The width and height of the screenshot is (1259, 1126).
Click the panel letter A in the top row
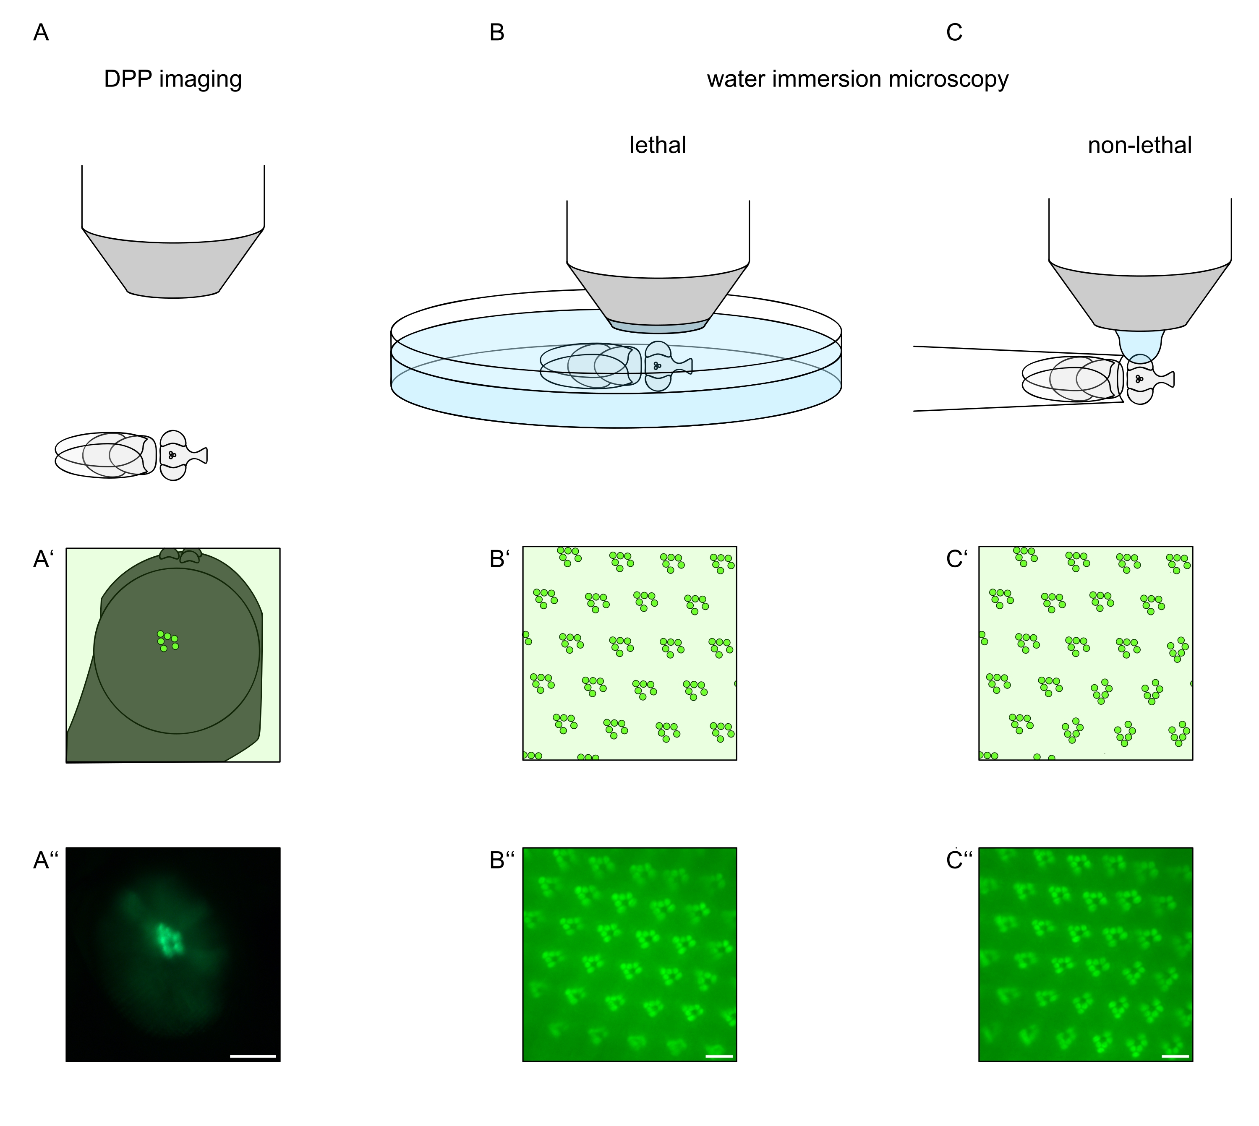(41, 33)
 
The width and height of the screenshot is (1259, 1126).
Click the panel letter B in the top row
(496, 33)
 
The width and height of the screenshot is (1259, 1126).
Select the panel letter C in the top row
(954, 33)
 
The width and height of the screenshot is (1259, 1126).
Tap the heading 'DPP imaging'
(173, 79)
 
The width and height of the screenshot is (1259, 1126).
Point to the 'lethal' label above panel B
(657, 146)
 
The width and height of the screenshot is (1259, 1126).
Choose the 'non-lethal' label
(1139, 146)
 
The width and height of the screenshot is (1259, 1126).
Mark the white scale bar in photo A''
(253, 1056)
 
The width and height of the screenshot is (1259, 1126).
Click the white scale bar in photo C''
(1175, 1056)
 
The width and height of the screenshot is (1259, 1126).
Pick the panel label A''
(45, 860)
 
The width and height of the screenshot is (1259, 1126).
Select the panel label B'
(499, 559)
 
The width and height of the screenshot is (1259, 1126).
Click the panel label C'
(956, 559)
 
